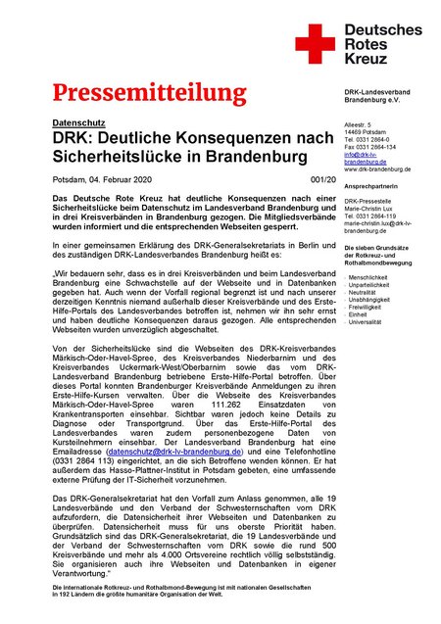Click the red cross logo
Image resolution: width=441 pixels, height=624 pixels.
point(315,43)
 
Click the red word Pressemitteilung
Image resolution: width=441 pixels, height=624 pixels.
point(150,94)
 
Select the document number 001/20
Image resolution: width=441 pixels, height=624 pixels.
point(321,179)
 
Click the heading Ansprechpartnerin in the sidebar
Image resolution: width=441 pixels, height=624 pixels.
point(374,184)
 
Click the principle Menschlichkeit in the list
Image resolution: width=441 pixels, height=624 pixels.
point(367,277)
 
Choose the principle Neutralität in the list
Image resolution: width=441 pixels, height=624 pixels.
point(364,292)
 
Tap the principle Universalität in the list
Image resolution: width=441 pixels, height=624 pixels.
point(367,320)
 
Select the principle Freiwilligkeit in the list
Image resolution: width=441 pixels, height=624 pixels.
point(367,306)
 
